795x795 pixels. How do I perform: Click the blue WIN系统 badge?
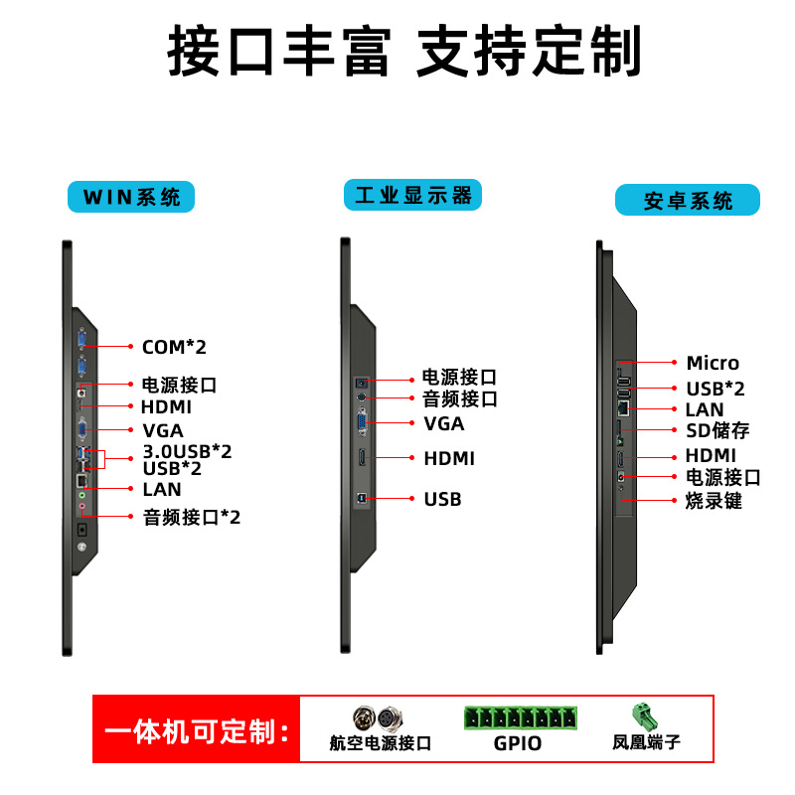click(131, 197)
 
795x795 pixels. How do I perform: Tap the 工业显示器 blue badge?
click(412, 195)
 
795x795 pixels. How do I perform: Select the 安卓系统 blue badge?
click(688, 200)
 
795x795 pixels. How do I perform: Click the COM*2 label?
click(174, 347)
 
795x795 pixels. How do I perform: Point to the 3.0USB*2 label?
click(187, 451)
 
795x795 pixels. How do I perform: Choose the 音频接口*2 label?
click(192, 517)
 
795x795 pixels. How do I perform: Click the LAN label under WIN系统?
click(162, 489)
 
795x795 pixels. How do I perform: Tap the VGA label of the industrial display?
click(443, 423)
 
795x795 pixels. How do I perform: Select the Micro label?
click(713, 363)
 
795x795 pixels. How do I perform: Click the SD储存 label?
click(717, 430)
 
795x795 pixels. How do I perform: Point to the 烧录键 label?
click(714, 501)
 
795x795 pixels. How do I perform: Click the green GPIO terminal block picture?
click(520, 717)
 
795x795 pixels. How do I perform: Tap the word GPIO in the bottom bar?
click(518, 743)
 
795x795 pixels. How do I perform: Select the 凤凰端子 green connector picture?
click(644, 715)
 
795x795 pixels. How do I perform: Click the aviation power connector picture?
click(379, 717)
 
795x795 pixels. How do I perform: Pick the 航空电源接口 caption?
click(381, 742)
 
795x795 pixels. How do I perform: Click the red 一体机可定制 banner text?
click(197, 731)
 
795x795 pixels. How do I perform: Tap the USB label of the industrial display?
click(442, 500)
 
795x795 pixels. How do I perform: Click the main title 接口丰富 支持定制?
click(404, 51)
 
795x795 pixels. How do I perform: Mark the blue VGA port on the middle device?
click(362, 421)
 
